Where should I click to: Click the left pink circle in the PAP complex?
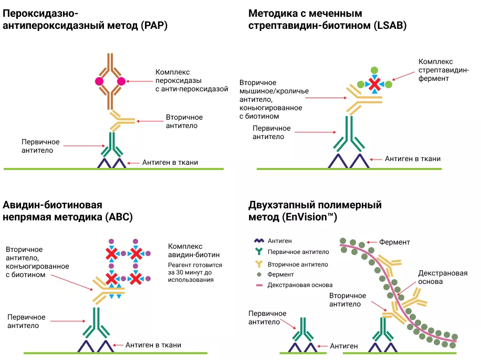(99, 81)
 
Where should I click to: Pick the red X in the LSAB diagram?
(374, 84)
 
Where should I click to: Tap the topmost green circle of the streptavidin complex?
(374, 70)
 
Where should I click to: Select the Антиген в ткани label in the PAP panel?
(170, 163)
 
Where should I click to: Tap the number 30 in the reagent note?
(180, 273)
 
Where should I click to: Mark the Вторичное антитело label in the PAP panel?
(184, 121)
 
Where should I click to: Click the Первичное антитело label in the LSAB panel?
(271, 132)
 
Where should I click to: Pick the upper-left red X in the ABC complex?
(111, 254)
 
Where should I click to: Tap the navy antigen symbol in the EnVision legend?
(258, 240)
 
